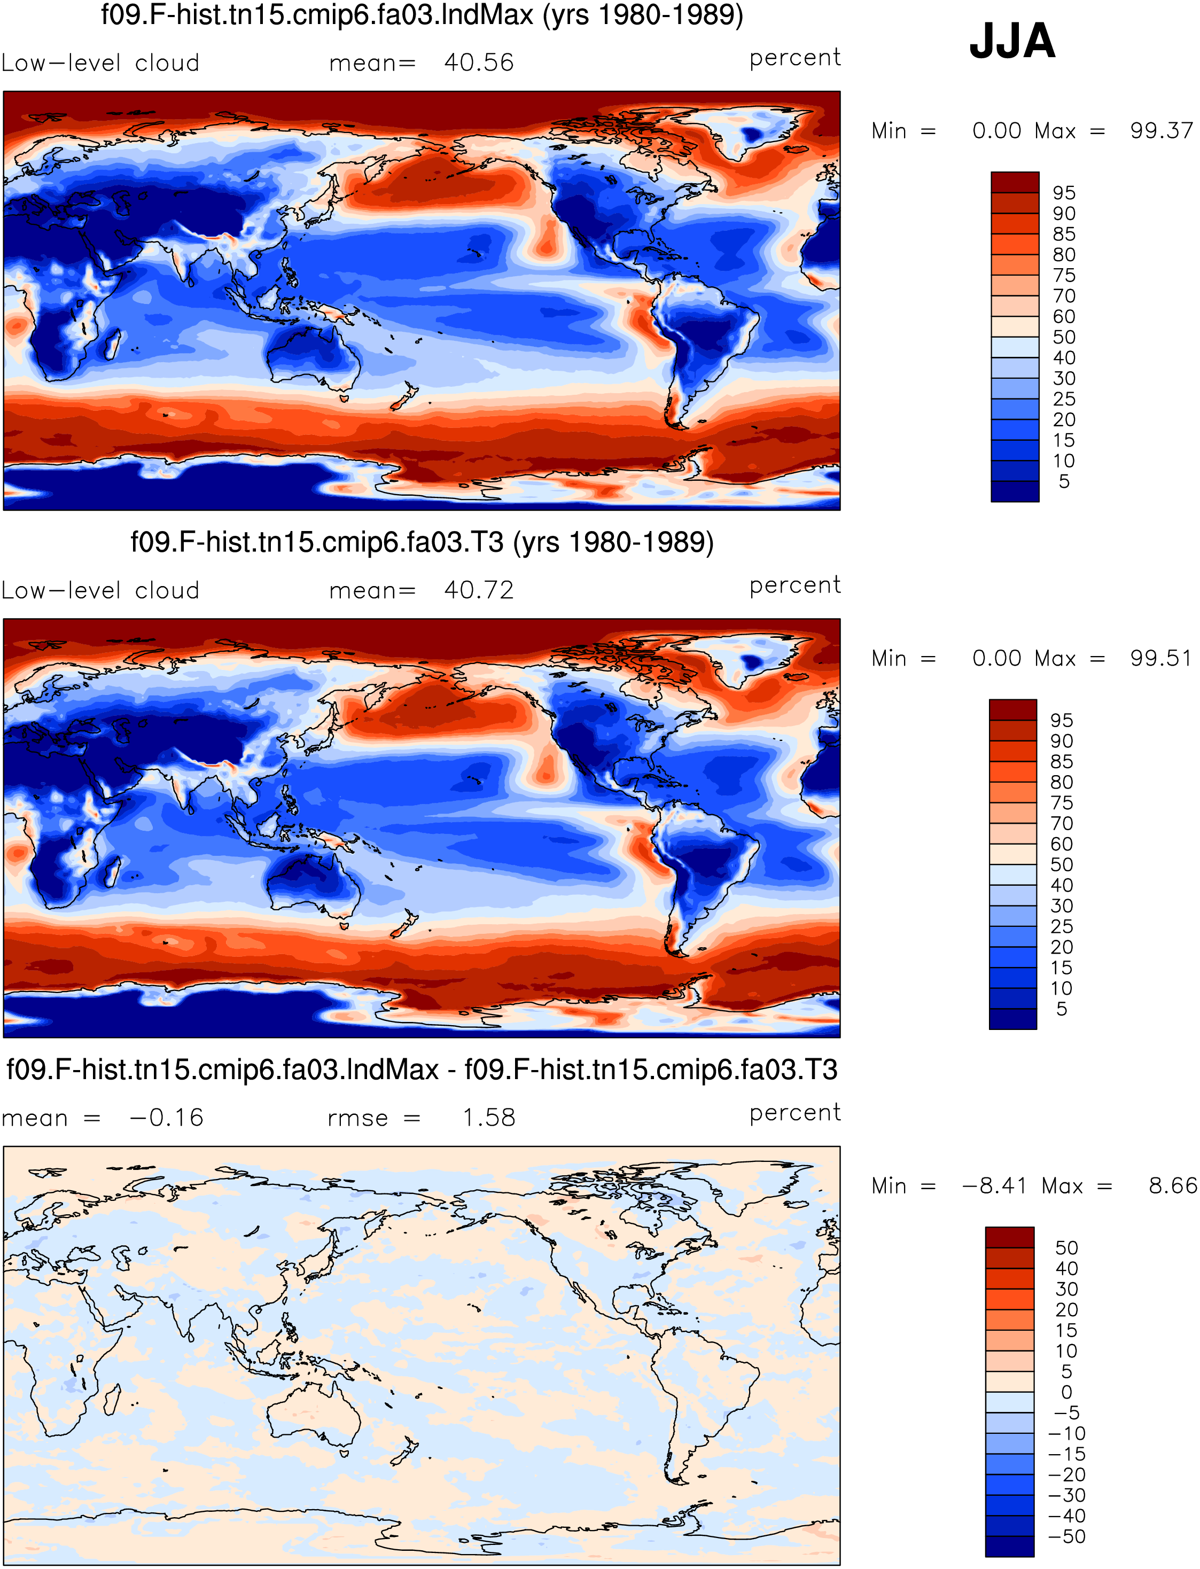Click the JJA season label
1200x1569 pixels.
pyautogui.click(x=1011, y=42)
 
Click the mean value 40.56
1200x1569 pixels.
pyautogui.click(x=479, y=63)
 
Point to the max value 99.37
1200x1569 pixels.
pyautogui.click(x=1160, y=131)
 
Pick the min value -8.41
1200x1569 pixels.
pyautogui.click(x=994, y=1186)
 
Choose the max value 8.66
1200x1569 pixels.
pyautogui.click(x=1172, y=1186)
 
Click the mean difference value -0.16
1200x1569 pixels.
pyautogui.click(x=166, y=1118)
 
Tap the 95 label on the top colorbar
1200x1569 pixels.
pyautogui.click(x=1064, y=193)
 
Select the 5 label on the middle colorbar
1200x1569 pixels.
pyautogui.click(x=1062, y=1009)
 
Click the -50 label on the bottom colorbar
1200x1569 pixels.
pyautogui.click(x=1066, y=1537)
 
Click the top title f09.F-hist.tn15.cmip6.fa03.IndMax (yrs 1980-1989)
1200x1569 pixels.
pyautogui.click(x=422, y=15)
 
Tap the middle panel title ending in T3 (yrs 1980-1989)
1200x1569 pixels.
pyautogui.click(x=422, y=543)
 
